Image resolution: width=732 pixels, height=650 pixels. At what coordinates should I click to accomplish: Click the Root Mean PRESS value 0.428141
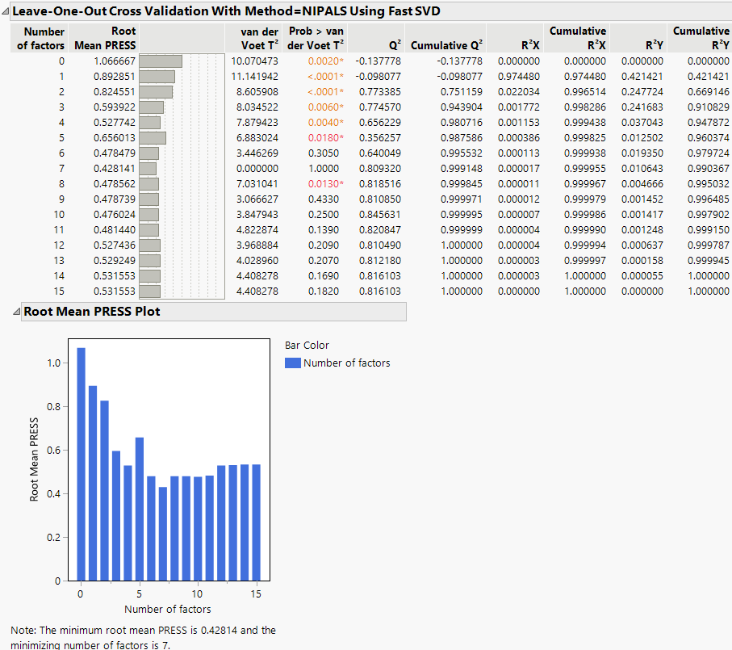115,168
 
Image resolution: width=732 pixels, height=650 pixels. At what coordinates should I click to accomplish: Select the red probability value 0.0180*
324,137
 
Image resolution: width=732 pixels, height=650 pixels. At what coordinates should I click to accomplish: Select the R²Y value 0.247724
642,91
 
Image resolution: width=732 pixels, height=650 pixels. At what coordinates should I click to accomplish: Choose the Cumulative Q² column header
446,45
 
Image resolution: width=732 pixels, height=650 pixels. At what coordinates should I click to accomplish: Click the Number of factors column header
40,39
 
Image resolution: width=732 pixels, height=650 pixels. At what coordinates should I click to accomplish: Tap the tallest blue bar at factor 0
81,464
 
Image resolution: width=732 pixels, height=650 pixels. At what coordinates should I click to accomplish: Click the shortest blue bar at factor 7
162,534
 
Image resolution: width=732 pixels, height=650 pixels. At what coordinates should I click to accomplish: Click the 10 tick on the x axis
197,594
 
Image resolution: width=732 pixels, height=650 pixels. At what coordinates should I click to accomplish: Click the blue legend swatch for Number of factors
292,363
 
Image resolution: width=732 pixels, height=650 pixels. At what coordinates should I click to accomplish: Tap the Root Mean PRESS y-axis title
34,459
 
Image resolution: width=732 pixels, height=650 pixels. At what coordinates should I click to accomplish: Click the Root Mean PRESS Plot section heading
91,311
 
